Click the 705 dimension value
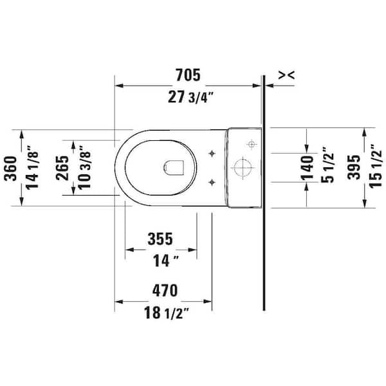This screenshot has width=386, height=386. [188, 75]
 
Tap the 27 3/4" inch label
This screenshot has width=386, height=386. [190, 97]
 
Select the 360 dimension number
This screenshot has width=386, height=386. [10, 169]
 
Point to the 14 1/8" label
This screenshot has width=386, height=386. [32, 167]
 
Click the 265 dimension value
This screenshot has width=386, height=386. [62, 168]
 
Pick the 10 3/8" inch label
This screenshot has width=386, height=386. [84, 167]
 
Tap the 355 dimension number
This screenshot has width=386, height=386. [160, 239]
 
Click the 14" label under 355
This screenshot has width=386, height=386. [165, 261]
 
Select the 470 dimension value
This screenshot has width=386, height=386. [165, 291]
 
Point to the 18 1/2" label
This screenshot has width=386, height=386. [166, 313]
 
